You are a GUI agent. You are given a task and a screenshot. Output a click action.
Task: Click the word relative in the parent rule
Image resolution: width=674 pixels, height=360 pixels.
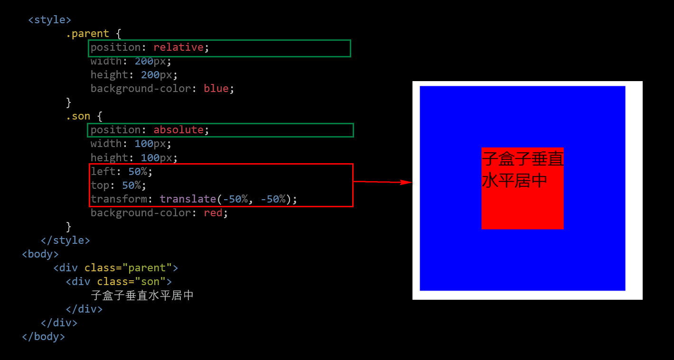178,47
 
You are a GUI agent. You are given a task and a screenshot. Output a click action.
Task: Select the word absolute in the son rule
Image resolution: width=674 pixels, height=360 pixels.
178,130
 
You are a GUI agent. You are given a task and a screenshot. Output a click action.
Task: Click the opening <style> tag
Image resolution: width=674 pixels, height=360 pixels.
50,20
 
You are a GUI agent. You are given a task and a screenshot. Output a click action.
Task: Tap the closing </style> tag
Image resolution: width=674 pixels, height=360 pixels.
66,240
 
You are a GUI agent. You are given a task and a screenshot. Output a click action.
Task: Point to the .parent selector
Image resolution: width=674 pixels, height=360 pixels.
87,34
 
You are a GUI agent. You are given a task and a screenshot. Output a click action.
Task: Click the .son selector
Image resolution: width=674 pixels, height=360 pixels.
78,116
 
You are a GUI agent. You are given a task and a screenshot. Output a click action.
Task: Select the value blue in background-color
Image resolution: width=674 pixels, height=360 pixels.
216,88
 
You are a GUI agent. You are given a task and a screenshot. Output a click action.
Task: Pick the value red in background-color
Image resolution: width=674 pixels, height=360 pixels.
213,213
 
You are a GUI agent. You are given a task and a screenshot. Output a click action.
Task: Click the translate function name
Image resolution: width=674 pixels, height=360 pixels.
188,199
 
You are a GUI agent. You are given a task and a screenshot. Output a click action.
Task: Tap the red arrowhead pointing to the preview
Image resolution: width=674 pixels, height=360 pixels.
406,182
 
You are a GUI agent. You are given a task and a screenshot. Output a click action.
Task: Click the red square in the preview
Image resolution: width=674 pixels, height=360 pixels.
522,188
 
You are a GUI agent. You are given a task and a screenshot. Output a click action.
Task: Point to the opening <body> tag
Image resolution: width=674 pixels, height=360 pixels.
40,254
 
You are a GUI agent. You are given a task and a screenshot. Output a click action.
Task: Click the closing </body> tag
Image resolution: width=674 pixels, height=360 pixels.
43,337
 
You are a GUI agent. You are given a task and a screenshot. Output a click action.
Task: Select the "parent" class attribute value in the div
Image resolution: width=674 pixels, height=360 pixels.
147,268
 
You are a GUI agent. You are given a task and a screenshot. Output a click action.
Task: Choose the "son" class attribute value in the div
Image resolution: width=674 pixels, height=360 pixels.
150,282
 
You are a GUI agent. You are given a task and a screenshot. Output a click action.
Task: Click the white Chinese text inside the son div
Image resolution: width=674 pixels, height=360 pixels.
142,295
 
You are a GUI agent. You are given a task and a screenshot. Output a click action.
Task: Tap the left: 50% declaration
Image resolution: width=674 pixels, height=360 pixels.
121,171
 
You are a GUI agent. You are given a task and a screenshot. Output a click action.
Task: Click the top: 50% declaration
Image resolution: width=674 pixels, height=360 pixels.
118,185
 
